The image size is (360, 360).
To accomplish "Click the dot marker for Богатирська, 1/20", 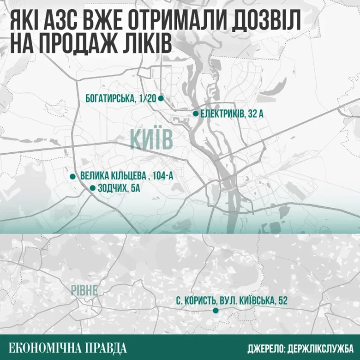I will pyautogui.click(x=161, y=98).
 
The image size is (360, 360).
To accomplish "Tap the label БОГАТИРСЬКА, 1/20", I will pyautogui.click(x=121, y=98).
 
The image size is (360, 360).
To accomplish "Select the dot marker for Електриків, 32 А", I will pyautogui.click(x=196, y=113).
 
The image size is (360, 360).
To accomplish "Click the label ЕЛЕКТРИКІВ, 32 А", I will pyautogui.click(x=232, y=114).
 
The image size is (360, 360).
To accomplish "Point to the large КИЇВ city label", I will pyautogui.click(x=151, y=139).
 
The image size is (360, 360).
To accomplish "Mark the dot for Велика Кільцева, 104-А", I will pyautogui.click(x=72, y=176).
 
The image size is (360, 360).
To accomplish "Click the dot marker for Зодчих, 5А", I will pyautogui.click(x=92, y=188).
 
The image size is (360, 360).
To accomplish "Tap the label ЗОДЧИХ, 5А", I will pyautogui.click(x=119, y=188).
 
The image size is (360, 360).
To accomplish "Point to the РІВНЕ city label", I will pyautogui.click(x=84, y=290).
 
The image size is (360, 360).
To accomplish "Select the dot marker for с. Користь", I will pyautogui.click(x=216, y=311).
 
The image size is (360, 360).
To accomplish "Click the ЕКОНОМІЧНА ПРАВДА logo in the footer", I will pyautogui.click(x=67, y=347).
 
